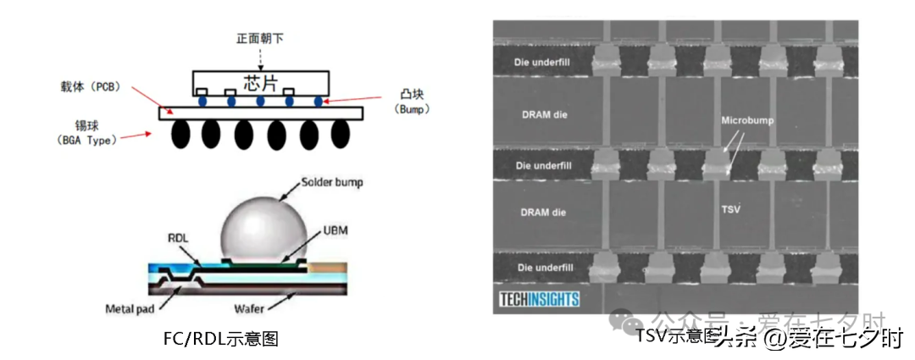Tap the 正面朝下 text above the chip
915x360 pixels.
coord(261,40)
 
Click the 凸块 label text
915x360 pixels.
coord(412,93)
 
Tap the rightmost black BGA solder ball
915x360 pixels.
coord(340,133)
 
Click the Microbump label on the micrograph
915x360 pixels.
coord(747,121)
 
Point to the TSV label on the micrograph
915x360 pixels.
coord(729,208)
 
